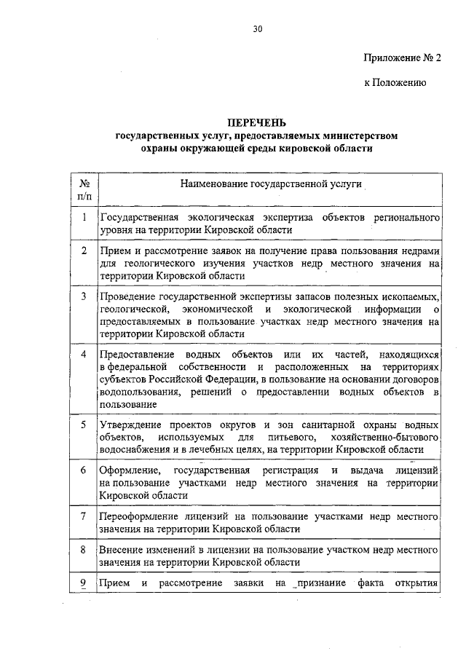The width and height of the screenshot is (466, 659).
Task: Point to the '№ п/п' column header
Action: point(84,191)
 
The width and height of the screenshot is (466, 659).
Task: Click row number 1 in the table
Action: point(84,218)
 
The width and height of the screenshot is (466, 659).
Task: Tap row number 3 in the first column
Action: point(84,296)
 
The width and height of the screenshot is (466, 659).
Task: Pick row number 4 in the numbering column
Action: point(84,354)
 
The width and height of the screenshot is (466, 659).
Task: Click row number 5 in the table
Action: point(84,424)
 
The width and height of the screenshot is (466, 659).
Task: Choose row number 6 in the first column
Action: point(84,470)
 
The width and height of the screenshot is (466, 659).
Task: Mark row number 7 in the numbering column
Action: point(84,516)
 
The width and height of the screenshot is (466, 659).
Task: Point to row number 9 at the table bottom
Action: point(84,583)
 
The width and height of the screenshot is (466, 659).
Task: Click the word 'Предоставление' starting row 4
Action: point(135,354)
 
